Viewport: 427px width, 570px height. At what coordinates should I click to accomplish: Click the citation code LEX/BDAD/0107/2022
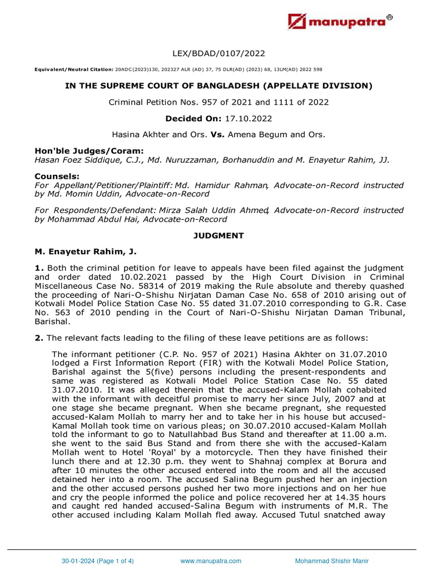[213, 53]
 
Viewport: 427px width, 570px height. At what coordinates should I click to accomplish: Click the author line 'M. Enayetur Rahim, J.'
[81, 252]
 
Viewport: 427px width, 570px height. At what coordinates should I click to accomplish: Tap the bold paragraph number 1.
[38, 268]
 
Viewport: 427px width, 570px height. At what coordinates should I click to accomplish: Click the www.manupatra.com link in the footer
[211, 561]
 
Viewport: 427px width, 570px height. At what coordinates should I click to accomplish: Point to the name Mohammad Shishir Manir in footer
[332, 561]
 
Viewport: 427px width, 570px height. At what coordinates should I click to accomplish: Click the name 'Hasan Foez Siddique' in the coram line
[72, 160]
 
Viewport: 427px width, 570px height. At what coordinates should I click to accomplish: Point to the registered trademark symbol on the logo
[389, 17]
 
